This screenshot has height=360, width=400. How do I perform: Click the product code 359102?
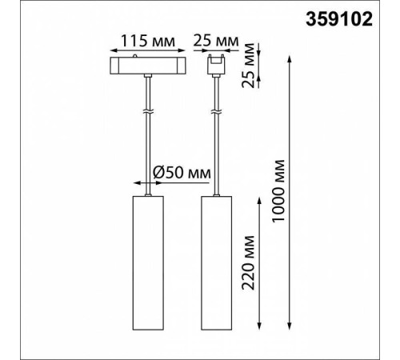[339, 19]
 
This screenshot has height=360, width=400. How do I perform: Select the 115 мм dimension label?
[148, 41]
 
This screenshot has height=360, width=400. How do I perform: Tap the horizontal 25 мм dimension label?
[216, 41]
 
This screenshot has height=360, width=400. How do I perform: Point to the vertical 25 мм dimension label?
[248, 66]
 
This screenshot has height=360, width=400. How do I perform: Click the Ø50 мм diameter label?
[182, 173]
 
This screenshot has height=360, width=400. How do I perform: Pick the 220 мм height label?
[248, 262]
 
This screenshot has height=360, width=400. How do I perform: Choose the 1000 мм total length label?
[278, 191]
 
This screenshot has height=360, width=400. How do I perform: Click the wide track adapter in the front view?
[148, 66]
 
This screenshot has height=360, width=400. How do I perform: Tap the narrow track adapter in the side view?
[216, 65]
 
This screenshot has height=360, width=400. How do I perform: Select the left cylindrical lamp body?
[148, 263]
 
